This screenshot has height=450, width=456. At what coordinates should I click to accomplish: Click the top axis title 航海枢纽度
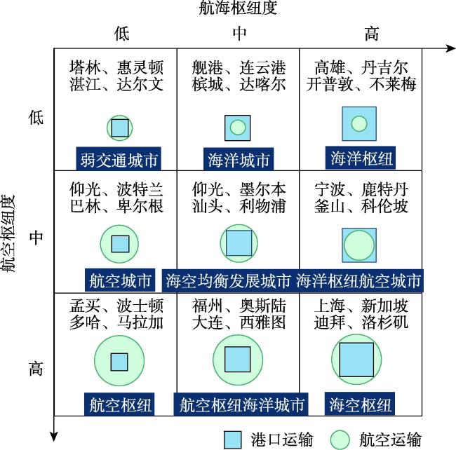[238, 8]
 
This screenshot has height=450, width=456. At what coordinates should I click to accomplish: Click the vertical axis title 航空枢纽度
[8, 233]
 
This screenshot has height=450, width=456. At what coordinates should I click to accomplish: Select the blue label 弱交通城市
[119, 159]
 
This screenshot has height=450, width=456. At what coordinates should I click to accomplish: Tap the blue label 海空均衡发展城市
[228, 280]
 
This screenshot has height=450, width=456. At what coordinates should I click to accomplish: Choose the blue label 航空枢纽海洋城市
[241, 404]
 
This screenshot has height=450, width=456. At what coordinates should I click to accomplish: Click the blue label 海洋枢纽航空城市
[358, 280]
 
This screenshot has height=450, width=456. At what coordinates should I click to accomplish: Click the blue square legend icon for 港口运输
[233, 439]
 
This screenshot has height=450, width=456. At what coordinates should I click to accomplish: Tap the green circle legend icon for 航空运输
[340, 439]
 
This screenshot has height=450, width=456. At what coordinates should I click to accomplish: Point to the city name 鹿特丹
[384, 189]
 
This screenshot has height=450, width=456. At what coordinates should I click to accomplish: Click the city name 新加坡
[384, 306]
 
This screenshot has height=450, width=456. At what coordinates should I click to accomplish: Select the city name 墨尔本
[262, 189]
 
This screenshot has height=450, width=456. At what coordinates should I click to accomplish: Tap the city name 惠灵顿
[140, 67]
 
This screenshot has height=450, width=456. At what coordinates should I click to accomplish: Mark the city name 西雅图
[262, 322]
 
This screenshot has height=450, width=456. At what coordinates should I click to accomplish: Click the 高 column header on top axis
[372, 34]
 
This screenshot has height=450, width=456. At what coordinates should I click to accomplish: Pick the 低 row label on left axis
[36, 117]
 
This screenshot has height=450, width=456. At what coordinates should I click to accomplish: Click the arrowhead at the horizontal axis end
[450, 48]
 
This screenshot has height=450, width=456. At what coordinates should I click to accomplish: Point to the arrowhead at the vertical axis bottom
[54, 437]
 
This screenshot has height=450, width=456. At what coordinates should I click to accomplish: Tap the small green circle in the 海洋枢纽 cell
[359, 124]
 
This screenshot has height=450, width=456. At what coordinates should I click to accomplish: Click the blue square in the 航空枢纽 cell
[119, 362]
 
